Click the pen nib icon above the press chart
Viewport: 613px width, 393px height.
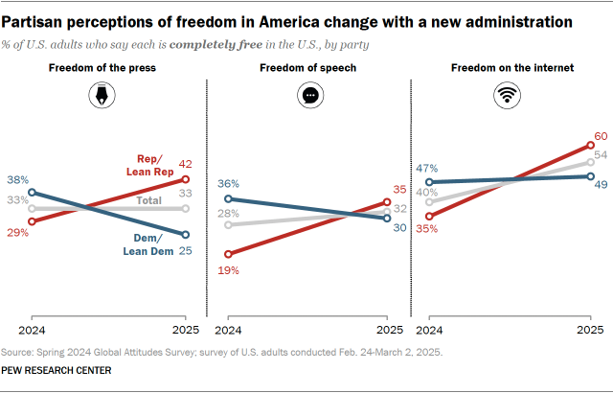tap(103, 96)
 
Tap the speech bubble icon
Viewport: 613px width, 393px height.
tap(308, 96)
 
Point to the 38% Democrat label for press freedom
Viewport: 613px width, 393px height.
tap(17, 180)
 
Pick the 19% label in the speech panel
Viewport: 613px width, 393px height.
tap(228, 270)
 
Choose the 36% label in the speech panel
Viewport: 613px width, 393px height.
tap(228, 184)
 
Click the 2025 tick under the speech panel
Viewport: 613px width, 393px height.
tap(387, 329)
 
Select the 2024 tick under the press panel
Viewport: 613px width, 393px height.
tap(32, 329)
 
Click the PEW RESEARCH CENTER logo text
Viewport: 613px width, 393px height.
tap(56, 370)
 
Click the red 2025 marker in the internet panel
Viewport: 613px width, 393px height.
tap(590, 146)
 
